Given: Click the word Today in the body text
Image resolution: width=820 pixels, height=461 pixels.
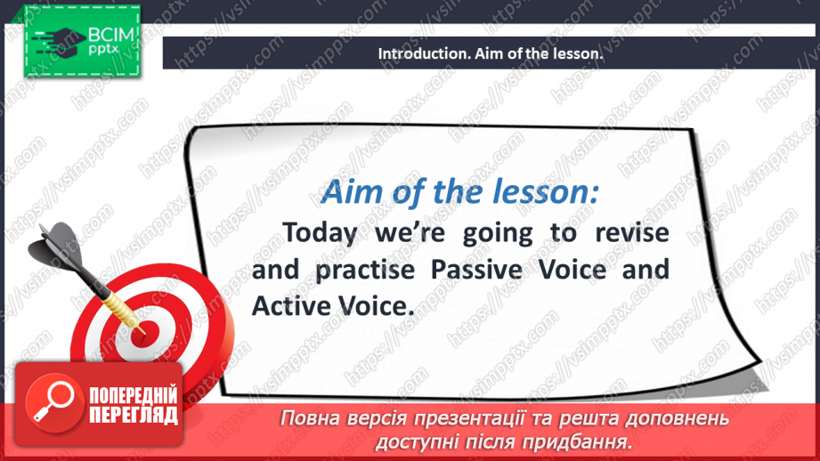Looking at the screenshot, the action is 320,233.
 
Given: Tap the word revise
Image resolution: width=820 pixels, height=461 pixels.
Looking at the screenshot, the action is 632,232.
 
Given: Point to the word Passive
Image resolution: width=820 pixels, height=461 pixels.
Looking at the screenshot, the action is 476,269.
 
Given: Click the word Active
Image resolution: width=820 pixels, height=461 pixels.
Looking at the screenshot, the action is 290,306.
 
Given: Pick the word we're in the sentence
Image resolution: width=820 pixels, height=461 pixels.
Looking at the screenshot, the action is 410,233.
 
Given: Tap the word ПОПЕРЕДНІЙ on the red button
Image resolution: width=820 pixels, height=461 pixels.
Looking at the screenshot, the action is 134,396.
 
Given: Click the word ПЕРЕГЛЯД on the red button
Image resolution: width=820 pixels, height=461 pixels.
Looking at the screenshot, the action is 134,415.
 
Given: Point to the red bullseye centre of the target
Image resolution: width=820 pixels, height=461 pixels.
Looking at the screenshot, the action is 142,334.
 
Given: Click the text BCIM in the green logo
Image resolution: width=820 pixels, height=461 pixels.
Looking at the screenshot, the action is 111,36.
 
